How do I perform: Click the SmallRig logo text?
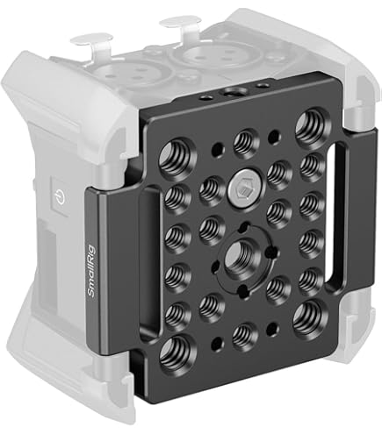point(91,270)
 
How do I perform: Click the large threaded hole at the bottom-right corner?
point(309,317)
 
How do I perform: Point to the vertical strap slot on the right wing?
point(334,217)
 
